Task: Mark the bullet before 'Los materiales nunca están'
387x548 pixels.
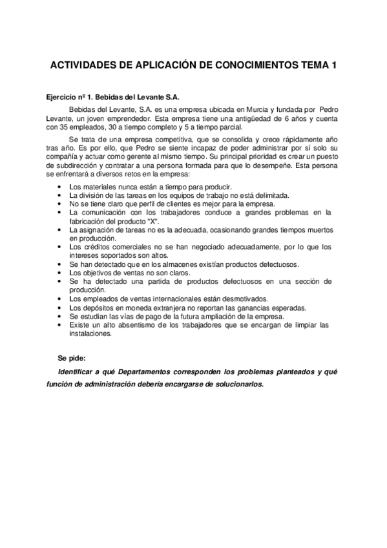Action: [x=60, y=186]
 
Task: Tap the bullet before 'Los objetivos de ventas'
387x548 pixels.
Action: [x=60, y=273]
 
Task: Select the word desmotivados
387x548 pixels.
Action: [x=235, y=299]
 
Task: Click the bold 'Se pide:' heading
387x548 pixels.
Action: [x=71, y=357]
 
